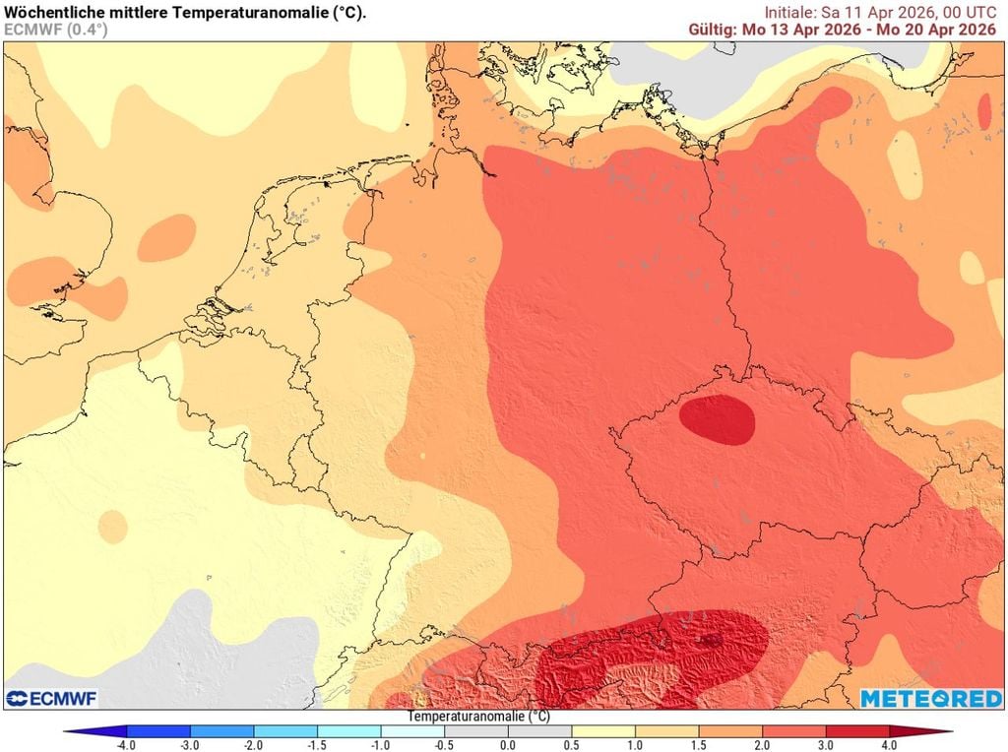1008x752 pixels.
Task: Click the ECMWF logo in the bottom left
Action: (x=51, y=698)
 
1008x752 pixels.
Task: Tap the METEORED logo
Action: (x=929, y=698)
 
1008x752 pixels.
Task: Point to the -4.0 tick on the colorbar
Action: (x=126, y=745)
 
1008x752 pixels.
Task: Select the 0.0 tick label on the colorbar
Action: (x=507, y=745)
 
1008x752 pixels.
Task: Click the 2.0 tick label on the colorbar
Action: (x=761, y=745)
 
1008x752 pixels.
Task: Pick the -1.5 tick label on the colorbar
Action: (x=317, y=745)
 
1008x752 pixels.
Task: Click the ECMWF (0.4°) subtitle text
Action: (x=56, y=30)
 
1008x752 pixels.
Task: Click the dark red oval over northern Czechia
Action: (x=718, y=419)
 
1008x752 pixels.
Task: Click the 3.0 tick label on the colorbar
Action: (x=825, y=745)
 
